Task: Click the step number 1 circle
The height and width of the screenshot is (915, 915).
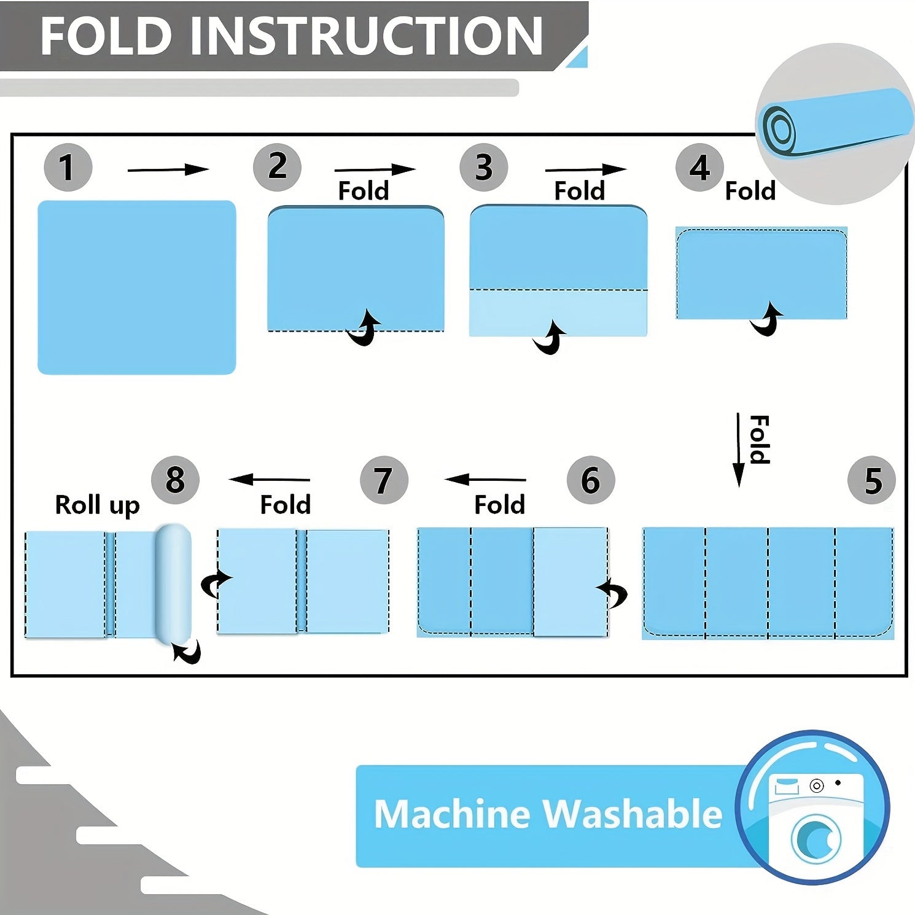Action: pyautogui.click(x=68, y=167)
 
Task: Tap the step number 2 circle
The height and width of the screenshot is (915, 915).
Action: pyautogui.click(x=277, y=167)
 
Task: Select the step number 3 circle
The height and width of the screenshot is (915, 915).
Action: pyautogui.click(x=484, y=167)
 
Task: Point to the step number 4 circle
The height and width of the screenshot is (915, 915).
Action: pyautogui.click(x=699, y=168)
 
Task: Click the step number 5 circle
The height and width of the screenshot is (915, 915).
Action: pyautogui.click(x=871, y=480)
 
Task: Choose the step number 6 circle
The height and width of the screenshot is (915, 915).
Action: pyautogui.click(x=590, y=480)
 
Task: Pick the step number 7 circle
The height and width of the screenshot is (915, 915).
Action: pyautogui.click(x=384, y=480)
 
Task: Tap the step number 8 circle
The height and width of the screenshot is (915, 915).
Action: pyautogui.click(x=175, y=480)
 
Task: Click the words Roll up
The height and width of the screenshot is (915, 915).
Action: pyautogui.click(x=98, y=505)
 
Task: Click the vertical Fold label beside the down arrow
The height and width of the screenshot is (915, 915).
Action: pyautogui.click(x=760, y=440)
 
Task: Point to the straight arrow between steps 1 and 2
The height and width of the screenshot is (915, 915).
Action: pyautogui.click(x=168, y=169)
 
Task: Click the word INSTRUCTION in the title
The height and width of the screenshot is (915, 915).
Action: pyautogui.click(x=367, y=36)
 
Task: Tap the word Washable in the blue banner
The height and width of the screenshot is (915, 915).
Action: pyautogui.click(x=633, y=814)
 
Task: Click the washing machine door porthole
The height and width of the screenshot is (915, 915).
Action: pyautogui.click(x=816, y=839)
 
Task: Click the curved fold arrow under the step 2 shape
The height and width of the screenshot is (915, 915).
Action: pyautogui.click(x=364, y=329)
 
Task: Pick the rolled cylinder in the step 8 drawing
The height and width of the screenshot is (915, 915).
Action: pyautogui.click(x=173, y=583)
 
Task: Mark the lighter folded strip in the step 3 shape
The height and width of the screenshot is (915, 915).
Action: pyautogui.click(x=558, y=312)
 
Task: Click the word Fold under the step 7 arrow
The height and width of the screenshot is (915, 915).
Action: pyautogui.click(x=286, y=505)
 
